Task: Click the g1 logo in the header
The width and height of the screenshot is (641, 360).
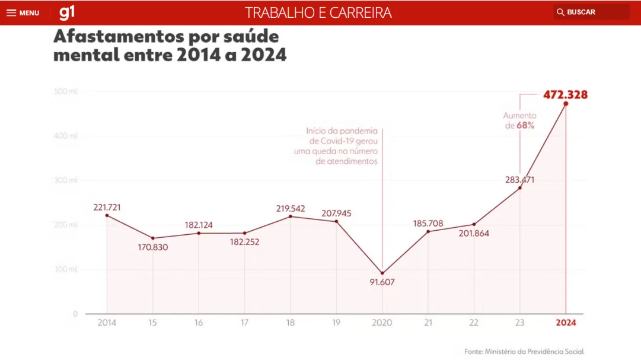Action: pos(67,12)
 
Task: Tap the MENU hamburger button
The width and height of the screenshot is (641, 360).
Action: pos(23,12)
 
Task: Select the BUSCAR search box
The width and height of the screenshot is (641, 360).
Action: pos(591,12)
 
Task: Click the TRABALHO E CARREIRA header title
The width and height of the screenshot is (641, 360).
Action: pos(318,12)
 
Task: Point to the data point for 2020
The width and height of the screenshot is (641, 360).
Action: pos(382,273)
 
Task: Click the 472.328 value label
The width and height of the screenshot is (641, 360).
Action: pos(565,94)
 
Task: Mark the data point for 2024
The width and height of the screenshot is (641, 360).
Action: pos(566,104)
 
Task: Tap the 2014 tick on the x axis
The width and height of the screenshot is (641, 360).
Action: pos(107,323)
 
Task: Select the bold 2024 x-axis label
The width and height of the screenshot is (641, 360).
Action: pos(565,323)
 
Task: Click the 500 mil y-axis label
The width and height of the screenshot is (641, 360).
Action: pos(66,91)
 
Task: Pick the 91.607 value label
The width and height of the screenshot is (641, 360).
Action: pos(382,282)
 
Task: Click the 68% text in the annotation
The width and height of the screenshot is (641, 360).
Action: pos(525,126)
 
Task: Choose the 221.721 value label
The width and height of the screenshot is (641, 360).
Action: pos(107,207)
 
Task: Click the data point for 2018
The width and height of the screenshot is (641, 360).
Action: pos(291,216)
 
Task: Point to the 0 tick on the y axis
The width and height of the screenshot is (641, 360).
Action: pos(75,314)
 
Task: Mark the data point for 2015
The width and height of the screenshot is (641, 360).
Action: pos(153,238)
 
